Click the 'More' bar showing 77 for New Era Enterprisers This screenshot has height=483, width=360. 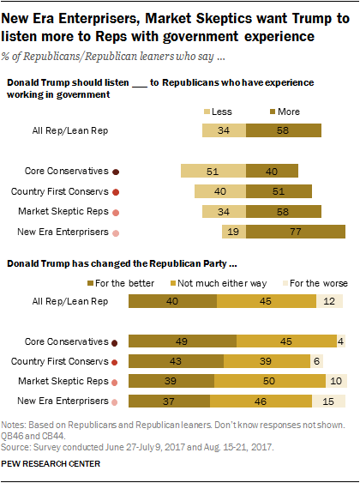point(295,232)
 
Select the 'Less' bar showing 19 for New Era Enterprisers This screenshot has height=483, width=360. point(233,232)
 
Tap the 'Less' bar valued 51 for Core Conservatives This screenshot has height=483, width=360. point(213,170)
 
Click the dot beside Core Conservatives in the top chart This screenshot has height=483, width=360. point(116,171)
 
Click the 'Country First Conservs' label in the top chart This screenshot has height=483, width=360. point(59,190)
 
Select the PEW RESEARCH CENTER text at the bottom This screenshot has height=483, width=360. point(51,464)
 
